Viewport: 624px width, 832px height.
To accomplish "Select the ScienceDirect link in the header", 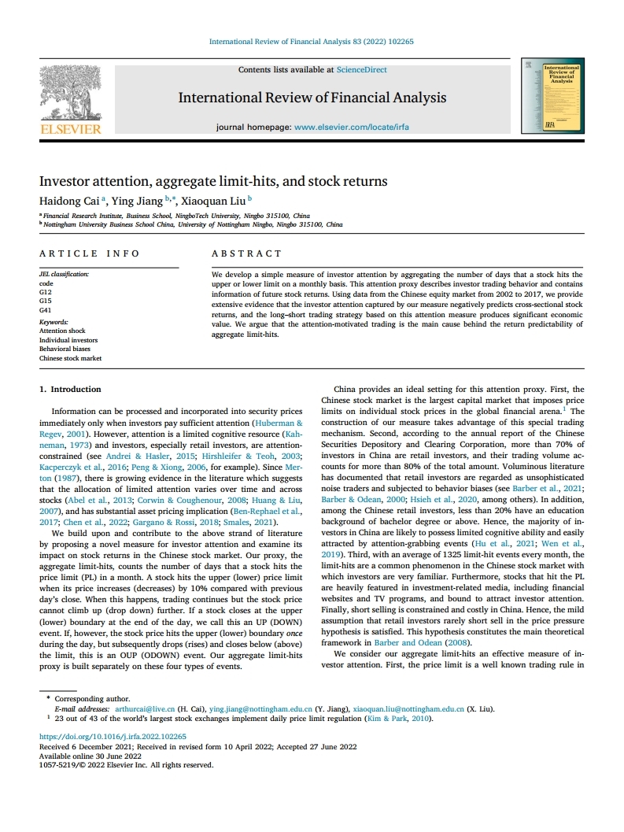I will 361,70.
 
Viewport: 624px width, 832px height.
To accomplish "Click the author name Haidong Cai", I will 66,200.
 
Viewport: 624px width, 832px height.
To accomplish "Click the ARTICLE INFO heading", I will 89,253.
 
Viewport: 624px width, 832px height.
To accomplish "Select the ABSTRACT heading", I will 246,253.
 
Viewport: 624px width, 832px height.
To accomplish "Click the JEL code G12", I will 45,292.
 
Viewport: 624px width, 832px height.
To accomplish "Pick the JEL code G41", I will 45,310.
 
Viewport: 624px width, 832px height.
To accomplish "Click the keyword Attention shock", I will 62,331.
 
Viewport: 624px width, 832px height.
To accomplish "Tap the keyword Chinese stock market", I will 70,358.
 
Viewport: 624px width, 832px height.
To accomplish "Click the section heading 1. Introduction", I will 70,389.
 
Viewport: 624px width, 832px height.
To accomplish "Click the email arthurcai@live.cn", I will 142,709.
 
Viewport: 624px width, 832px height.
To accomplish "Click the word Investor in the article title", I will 65,181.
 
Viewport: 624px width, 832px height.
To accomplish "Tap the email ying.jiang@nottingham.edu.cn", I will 259,709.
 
